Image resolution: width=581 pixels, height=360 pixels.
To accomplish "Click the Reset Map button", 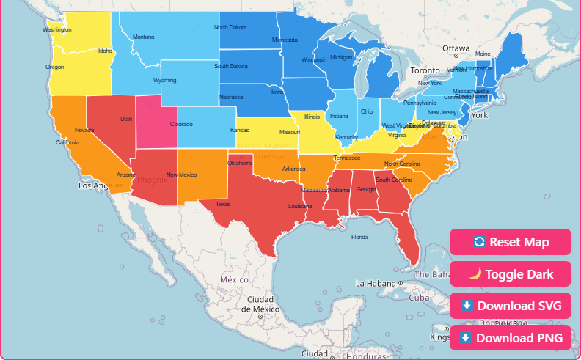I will [x=510, y=242].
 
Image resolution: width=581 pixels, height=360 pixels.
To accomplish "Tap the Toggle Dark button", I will [x=510, y=274].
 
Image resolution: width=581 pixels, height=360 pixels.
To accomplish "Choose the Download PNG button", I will [x=510, y=338].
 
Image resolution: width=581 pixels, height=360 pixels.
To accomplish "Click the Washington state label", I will [x=57, y=30].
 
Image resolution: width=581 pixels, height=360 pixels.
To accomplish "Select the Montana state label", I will [x=144, y=37].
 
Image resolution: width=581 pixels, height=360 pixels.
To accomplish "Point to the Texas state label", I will [x=222, y=204].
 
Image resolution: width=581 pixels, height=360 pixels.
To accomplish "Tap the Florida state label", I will [x=359, y=237].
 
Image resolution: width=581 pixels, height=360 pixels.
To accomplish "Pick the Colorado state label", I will [x=181, y=124].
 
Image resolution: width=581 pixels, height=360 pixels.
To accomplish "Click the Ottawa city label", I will [x=456, y=48].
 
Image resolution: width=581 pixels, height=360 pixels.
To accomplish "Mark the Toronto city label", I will [x=425, y=71].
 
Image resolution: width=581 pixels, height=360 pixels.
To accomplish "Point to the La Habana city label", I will [x=376, y=283].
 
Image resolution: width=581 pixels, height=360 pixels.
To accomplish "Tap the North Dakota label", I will [x=231, y=28].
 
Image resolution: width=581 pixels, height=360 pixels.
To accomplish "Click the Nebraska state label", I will [x=231, y=97].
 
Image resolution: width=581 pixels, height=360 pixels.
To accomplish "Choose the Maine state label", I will [x=483, y=54].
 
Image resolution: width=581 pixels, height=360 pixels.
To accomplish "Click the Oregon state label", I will [x=55, y=67].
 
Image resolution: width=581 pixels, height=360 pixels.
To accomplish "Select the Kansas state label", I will [x=239, y=131].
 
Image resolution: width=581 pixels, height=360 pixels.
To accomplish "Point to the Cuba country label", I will [x=419, y=298].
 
